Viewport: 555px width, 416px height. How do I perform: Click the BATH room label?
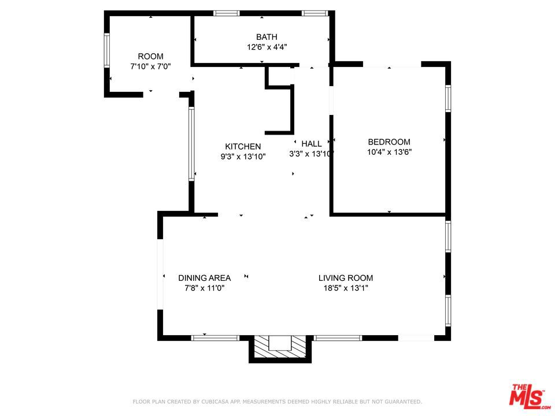click(267, 37)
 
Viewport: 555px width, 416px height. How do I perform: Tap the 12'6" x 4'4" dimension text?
click(267, 47)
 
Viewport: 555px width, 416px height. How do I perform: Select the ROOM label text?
click(150, 56)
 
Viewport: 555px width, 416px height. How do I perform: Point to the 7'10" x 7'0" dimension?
click(150, 66)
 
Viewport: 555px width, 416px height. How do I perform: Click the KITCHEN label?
click(243, 146)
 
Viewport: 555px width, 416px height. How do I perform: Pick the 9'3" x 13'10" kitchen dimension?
click(243, 157)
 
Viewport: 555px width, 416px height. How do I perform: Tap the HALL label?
click(312, 144)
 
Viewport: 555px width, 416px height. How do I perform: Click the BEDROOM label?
click(389, 142)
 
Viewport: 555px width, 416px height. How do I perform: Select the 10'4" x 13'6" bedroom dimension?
click(389, 152)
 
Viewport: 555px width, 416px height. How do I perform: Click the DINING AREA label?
click(204, 278)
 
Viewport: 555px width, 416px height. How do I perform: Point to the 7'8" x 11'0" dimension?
click(204, 288)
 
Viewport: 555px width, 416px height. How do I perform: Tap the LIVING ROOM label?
click(346, 278)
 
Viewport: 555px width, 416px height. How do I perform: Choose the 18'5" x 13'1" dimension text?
click(346, 288)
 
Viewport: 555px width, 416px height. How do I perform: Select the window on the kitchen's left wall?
click(191, 144)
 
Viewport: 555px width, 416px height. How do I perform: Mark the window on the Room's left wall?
click(106, 50)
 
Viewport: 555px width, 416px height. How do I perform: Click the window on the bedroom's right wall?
click(447, 99)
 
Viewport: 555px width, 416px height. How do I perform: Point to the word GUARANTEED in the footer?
click(403, 402)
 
